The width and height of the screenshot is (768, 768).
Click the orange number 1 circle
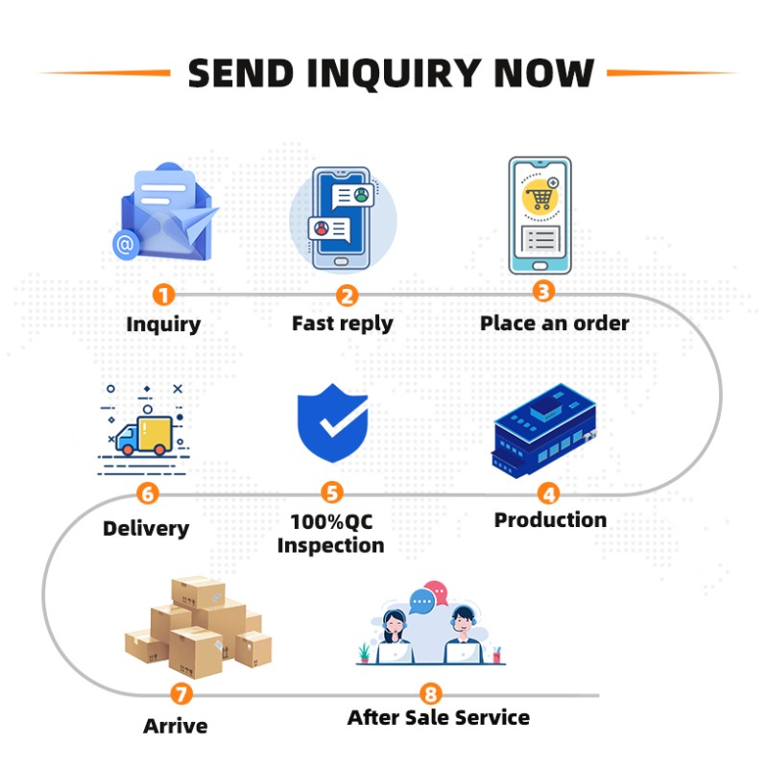[x=163, y=295]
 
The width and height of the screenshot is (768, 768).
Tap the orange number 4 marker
[x=548, y=493]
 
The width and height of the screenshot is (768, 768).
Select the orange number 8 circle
[x=430, y=694]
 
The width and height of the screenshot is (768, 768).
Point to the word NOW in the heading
[x=544, y=73]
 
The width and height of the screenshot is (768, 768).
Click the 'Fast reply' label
[x=343, y=324]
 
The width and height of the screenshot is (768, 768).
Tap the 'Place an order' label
[x=555, y=324]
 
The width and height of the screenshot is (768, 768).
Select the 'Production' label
[x=550, y=519]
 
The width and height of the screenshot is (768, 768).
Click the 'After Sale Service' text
[x=439, y=717]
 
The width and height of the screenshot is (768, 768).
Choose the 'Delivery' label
[x=146, y=529]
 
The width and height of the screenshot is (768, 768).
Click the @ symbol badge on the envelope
[x=126, y=244]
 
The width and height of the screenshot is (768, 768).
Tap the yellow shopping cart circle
[x=540, y=197]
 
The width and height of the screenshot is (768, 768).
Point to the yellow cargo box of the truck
[x=155, y=434]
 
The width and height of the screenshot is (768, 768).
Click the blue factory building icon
[x=543, y=430]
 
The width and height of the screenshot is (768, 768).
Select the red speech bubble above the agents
[x=437, y=591]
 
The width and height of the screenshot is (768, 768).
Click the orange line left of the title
[x=105, y=73]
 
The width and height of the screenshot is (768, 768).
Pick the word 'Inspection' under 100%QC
[x=330, y=546]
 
